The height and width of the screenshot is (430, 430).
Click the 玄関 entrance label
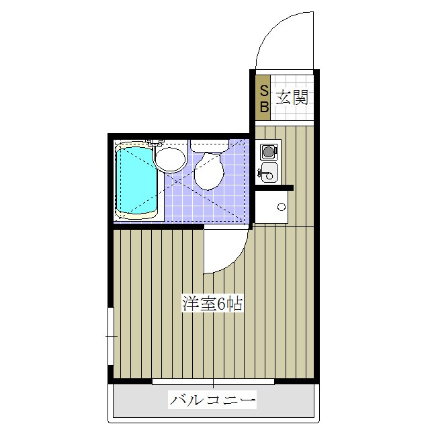point(292,97)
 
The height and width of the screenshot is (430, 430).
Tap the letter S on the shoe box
point(264,91)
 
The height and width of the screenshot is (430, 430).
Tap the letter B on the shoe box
point(264,105)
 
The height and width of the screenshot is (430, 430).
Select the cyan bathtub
point(137,180)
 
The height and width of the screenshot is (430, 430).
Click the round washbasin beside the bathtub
point(170,160)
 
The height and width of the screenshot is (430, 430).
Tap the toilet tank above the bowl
point(209,144)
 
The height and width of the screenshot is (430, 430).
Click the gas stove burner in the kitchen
point(269,151)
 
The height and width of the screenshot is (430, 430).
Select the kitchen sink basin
point(268,173)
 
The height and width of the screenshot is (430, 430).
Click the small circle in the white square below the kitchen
point(282,206)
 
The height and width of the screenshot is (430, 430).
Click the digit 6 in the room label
point(219,304)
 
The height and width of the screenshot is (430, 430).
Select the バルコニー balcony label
point(213,402)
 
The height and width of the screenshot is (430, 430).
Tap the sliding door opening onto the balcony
point(213,382)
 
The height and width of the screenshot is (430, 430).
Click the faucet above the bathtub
point(155,142)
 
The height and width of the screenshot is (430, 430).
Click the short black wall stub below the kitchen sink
point(274,187)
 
